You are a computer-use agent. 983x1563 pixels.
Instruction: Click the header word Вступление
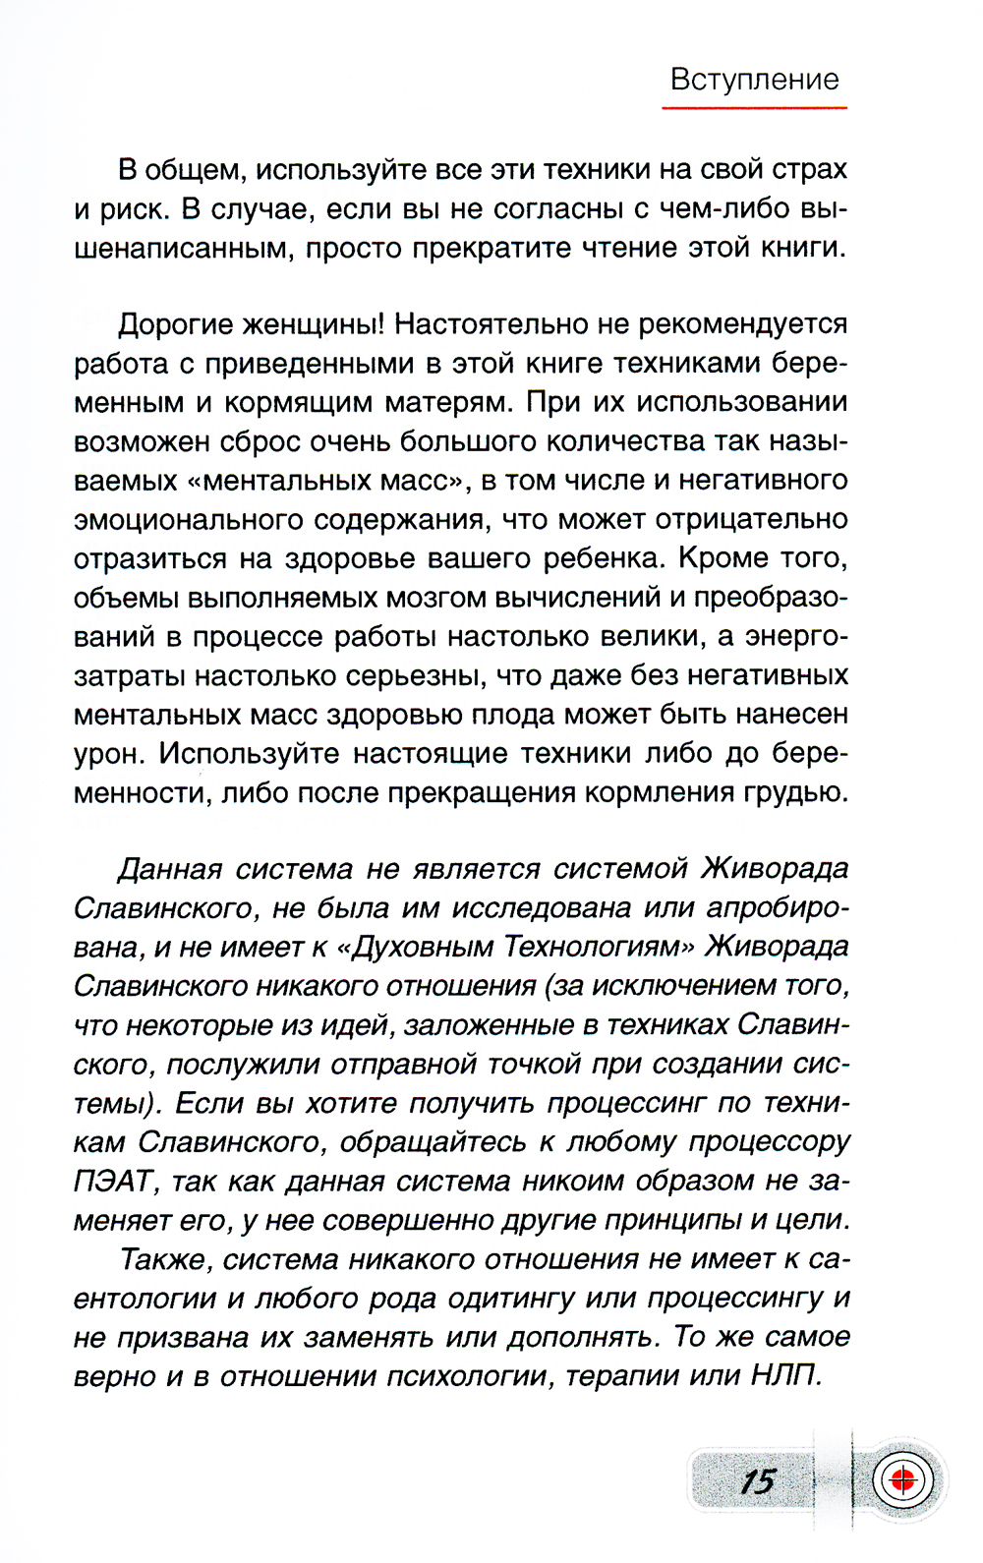[x=754, y=79]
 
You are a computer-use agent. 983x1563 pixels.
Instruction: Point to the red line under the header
[x=754, y=107]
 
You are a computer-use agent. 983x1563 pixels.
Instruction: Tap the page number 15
[x=758, y=1480]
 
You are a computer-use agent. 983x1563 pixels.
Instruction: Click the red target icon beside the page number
[x=900, y=1478]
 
